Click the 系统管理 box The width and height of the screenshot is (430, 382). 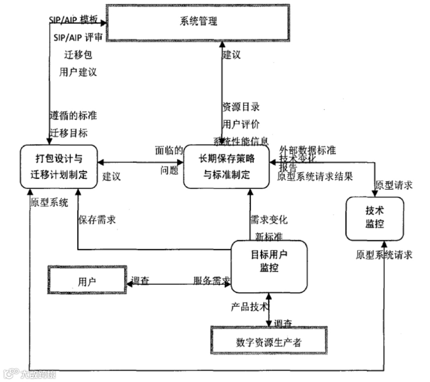click(198, 22)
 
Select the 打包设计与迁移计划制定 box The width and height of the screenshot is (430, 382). click(59, 167)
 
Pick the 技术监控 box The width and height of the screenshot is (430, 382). click(374, 218)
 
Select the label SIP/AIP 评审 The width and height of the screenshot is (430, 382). click(78, 38)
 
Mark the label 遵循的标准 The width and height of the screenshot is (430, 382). click(73, 116)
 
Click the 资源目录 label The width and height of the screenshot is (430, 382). click(241, 107)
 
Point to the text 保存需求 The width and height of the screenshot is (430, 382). click(97, 220)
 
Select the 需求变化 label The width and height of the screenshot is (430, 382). click(269, 220)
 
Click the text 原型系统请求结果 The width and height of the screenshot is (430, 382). click(315, 176)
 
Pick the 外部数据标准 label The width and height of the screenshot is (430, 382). click(308, 150)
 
